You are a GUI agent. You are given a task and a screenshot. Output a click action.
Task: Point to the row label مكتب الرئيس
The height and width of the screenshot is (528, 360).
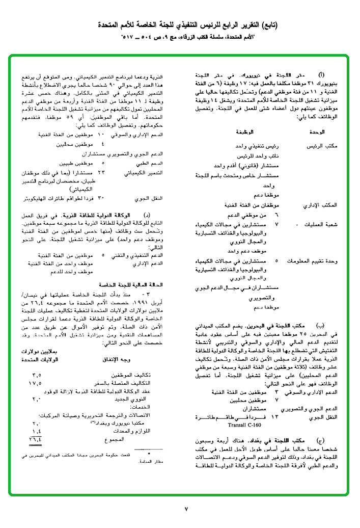click(x=322, y=146)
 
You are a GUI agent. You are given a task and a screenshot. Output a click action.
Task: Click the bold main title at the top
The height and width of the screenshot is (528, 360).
click(x=180, y=25)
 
